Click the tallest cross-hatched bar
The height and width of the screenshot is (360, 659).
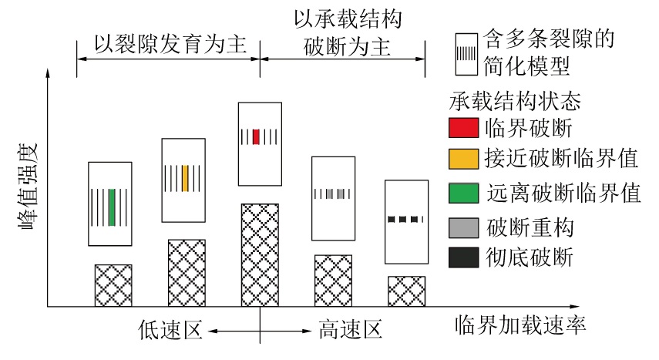261,255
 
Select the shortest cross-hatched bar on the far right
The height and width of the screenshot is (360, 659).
406,291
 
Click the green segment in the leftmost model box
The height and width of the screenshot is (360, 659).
113,207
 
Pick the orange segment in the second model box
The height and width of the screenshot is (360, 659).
186,178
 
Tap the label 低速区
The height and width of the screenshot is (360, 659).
170,331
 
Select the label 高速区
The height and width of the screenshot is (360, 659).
350,331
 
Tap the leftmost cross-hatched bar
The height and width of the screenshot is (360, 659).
113,286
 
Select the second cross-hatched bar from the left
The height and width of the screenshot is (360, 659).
187,273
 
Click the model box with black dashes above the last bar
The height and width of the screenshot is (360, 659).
405,221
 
